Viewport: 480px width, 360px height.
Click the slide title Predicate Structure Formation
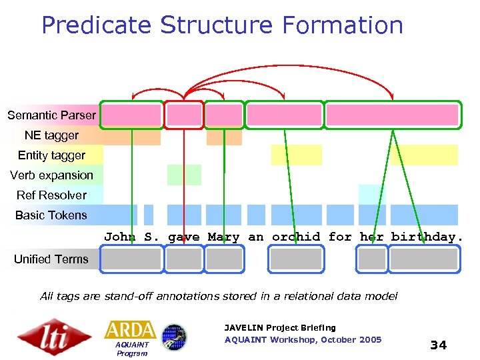[222, 25]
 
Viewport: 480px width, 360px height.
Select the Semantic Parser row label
[51, 115]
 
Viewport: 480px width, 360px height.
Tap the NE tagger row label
[51, 135]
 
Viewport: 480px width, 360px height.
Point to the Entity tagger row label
[51, 155]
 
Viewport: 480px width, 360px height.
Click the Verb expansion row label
[51, 175]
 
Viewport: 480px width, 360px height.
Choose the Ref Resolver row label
[51, 195]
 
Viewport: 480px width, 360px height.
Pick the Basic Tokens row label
[51, 215]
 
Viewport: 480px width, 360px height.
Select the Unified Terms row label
[51, 259]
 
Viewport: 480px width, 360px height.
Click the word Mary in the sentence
[223, 237]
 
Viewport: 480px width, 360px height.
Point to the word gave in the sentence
[183, 237]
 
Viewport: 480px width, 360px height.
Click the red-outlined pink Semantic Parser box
[184, 115]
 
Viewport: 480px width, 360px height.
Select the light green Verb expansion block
[184, 175]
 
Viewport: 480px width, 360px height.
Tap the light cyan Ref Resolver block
[372, 194]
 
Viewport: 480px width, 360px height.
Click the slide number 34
[438, 345]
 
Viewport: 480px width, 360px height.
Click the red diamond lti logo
[54, 337]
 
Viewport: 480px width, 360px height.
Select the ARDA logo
[130, 330]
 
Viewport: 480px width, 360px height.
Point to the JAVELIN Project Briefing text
[280, 327]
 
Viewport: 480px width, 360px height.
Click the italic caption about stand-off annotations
[219, 296]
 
